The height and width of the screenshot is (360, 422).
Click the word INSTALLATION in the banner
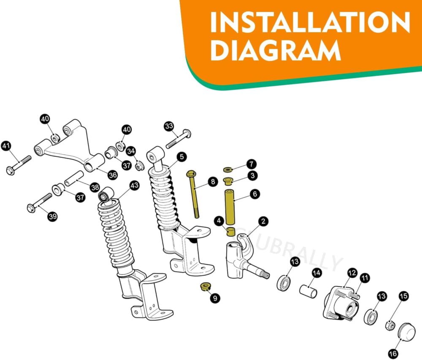tap(310, 22)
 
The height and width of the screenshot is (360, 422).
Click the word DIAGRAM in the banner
tap(275, 50)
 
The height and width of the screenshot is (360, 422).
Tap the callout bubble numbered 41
tap(6, 146)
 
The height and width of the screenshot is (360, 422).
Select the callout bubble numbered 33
tap(169, 126)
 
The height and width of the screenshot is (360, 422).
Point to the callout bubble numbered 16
tap(393, 353)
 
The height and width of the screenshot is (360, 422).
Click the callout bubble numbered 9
tap(215, 298)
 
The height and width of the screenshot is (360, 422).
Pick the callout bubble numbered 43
tap(134, 185)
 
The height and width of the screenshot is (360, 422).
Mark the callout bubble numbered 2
tap(263, 221)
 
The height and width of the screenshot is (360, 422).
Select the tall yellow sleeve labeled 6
tap(231, 207)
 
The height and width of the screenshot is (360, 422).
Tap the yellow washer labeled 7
tap(228, 169)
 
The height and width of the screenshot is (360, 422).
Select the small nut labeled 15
tap(391, 325)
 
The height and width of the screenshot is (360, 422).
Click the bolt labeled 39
tap(40, 202)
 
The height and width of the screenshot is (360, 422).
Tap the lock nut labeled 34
tap(139, 166)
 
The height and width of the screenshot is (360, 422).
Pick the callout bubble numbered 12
tap(352, 273)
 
